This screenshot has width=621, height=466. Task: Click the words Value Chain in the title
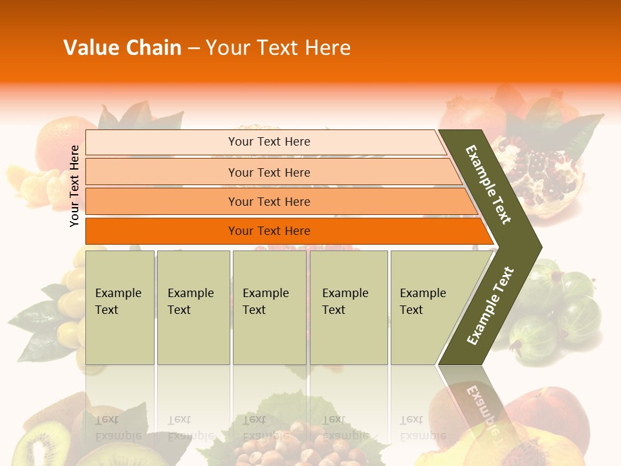pos(122,48)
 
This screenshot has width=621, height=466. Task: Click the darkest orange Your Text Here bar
pos(269,231)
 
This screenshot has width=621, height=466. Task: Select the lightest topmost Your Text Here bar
pos(269,142)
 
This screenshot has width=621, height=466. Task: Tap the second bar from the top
pos(269,172)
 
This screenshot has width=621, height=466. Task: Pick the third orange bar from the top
pos(269,201)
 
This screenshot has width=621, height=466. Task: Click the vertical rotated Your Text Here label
pos(74,186)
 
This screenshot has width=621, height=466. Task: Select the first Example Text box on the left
pos(120,307)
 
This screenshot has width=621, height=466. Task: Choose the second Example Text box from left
pos(193,307)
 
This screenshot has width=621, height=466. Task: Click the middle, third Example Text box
pos(269,307)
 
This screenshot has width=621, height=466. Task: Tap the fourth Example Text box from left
pos(348,307)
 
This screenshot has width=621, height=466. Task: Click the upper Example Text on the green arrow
pos(488,184)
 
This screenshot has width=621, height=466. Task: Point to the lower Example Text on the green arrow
pos(490,305)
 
